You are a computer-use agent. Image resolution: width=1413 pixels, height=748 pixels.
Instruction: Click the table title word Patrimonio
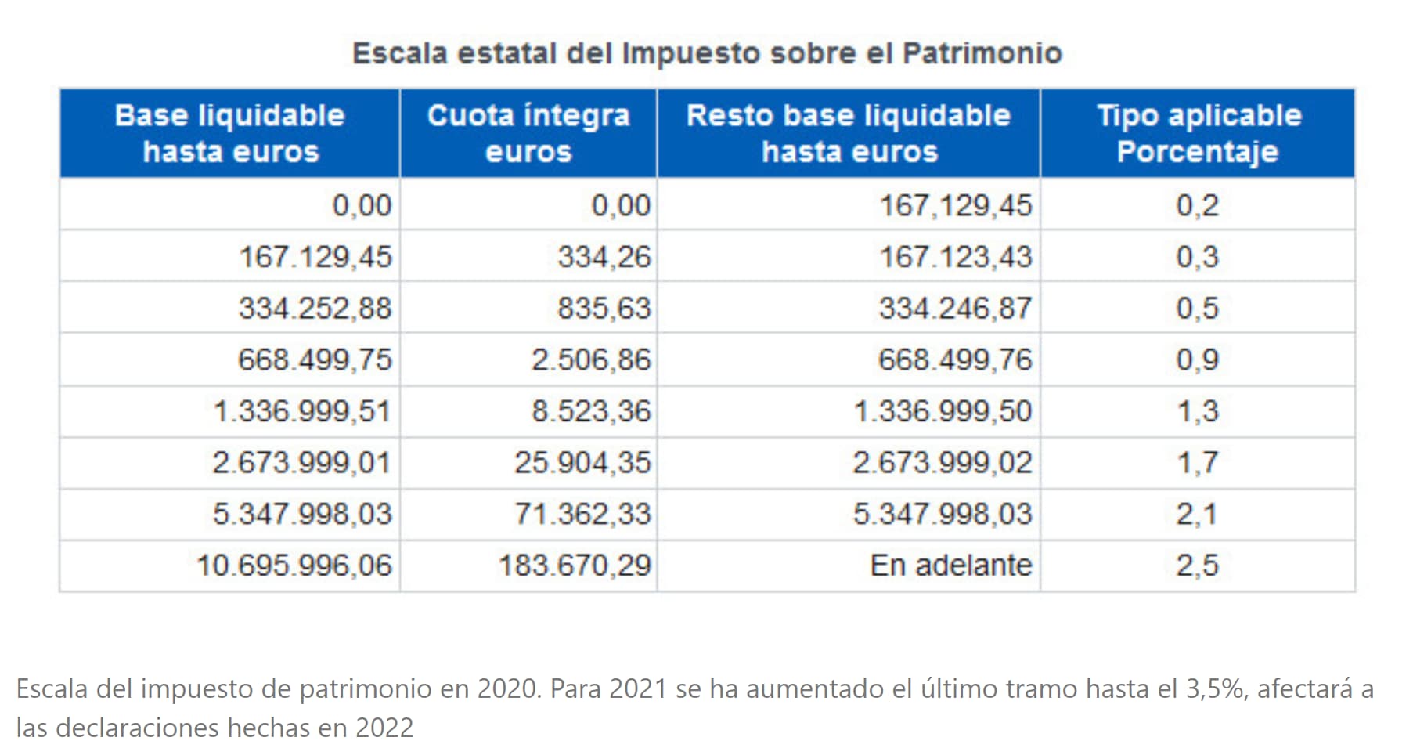(x=982, y=53)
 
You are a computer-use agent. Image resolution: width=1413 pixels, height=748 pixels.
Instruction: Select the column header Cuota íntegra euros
(x=528, y=133)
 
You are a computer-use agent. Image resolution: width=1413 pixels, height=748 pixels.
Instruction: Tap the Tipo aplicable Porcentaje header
(x=1198, y=133)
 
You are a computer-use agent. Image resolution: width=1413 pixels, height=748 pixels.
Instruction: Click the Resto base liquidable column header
(x=849, y=133)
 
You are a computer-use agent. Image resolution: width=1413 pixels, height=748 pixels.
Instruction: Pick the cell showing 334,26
(x=604, y=257)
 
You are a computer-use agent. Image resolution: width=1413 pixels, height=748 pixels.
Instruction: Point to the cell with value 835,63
(x=604, y=308)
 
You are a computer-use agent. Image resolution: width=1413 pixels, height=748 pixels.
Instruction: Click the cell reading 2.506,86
(x=591, y=360)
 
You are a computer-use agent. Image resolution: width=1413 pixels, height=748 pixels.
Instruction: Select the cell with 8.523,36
(x=591, y=411)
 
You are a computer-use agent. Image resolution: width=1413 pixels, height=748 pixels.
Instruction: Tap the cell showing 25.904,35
(x=582, y=462)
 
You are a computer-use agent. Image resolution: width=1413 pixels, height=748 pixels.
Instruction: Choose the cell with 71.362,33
(x=582, y=514)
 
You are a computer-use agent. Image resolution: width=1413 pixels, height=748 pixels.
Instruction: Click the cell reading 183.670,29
(x=575, y=566)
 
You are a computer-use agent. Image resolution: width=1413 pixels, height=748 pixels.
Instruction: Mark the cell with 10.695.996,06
(x=294, y=566)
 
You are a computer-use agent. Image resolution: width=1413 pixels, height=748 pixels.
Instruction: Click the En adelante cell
(x=951, y=566)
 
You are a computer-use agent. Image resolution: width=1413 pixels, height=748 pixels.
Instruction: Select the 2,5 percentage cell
(x=1198, y=566)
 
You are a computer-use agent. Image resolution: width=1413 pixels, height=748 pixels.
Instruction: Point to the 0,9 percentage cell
(x=1198, y=360)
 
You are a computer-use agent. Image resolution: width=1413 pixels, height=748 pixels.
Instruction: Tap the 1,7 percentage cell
(x=1198, y=462)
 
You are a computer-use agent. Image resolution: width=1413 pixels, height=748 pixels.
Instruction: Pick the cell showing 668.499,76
(x=955, y=360)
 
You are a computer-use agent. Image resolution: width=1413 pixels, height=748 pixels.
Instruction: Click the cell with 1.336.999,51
(x=302, y=411)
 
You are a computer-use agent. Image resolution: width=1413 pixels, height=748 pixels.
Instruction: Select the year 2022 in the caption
(x=384, y=728)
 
